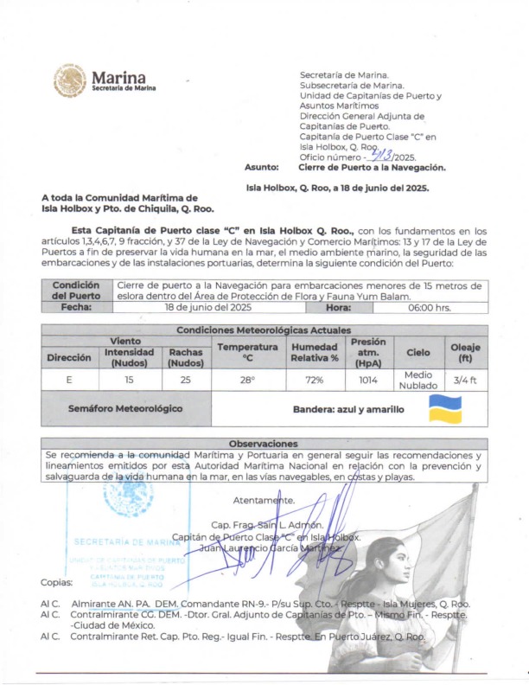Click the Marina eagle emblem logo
pos(70,80)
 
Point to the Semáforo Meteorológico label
pos(125,407)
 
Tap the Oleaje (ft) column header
pos(465,352)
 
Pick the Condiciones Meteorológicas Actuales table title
pos(264,330)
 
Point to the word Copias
pos(56,582)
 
